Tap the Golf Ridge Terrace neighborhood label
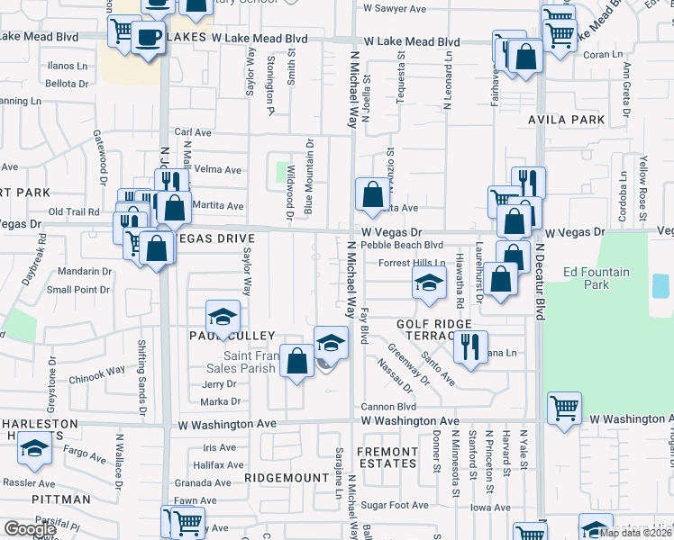tap(434, 330)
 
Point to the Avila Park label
tap(568, 120)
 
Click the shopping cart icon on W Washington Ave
tap(564, 407)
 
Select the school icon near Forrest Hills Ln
tap(429, 283)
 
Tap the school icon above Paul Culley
tap(223, 316)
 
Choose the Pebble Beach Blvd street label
tap(402, 245)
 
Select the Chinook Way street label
tap(96, 371)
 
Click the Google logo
tap(30, 529)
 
